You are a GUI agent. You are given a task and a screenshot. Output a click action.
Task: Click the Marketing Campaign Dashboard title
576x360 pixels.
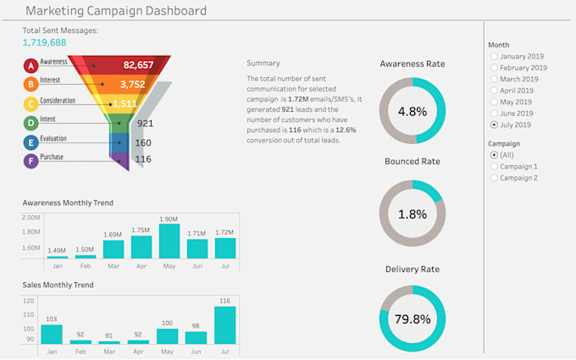tap(115, 11)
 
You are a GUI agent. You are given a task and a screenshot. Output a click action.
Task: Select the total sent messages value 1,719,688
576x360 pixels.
tap(44, 42)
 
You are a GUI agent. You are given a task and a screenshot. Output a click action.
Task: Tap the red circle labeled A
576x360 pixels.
tap(30, 64)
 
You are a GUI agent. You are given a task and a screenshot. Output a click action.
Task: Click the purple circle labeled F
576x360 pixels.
tap(30, 160)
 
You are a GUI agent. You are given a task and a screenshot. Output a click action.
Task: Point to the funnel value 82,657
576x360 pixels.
tap(138, 64)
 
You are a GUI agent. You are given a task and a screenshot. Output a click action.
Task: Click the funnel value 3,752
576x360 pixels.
tap(132, 85)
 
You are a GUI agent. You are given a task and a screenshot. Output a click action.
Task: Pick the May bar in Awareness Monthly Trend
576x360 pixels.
tap(169, 241)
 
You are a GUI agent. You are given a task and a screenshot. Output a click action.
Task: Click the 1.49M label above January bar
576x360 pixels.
tap(57, 251)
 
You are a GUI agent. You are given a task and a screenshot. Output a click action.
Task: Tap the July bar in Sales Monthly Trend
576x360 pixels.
tap(224, 325)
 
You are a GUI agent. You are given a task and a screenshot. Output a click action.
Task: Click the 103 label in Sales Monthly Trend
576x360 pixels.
tap(51, 318)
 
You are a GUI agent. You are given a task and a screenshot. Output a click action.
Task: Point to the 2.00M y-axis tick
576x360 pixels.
tap(30, 218)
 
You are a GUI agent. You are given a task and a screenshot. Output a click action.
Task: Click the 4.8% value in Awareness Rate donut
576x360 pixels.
tap(412, 111)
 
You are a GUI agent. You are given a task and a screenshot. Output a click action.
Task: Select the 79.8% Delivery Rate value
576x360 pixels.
tap(412, 319)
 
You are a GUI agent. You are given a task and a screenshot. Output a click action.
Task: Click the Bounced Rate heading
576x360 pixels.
tap(412, 161)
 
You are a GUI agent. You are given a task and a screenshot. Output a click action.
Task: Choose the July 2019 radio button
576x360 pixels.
tap(494, 125)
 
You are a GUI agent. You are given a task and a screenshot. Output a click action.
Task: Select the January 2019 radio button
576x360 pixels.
tap(494, 57)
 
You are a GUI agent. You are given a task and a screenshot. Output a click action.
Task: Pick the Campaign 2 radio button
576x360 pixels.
tap(494, 178)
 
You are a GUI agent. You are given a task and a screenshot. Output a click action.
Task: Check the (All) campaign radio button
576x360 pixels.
tap(494, 156)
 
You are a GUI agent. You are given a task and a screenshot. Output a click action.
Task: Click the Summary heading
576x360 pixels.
tap(263, 63)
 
